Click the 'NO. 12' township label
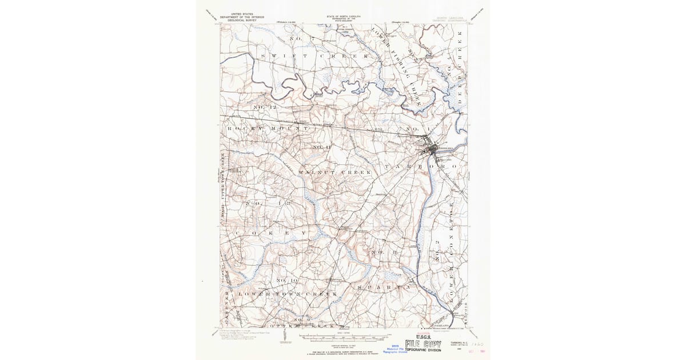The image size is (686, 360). point(265,107)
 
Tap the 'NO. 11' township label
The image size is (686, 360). point(322,147)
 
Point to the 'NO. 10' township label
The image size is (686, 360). point(287,281)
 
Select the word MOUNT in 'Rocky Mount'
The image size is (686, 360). point(290,129)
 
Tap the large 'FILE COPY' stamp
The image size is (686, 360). point(423,345)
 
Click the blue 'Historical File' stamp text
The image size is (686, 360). point(394,349)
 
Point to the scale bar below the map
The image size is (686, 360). point(343,335)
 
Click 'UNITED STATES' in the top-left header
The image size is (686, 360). point(243,13)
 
